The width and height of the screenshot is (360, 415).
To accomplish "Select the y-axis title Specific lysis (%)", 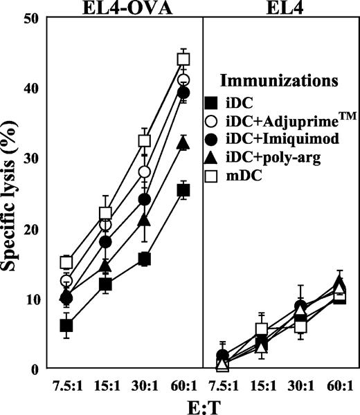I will click(x=12, y=194).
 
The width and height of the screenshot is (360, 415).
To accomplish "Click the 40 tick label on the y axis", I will click(x=28, y=88).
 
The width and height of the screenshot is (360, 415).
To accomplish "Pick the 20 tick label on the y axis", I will click(x=28, y=228).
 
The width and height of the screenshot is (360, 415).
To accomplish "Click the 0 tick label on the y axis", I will click(x=33, y=369).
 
